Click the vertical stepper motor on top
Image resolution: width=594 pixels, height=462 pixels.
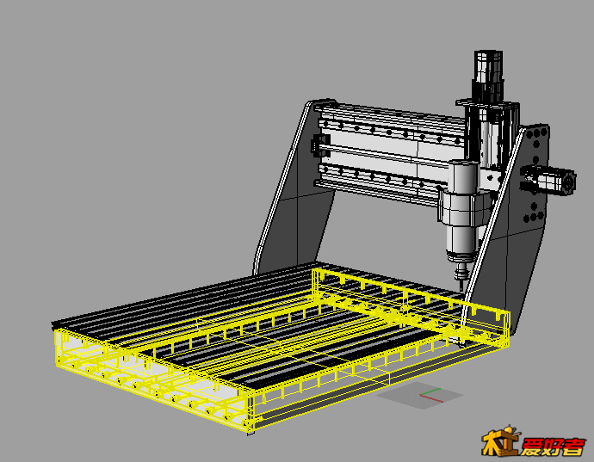(x=488, y=75)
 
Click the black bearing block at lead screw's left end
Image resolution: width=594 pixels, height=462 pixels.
(x=319, y=145)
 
